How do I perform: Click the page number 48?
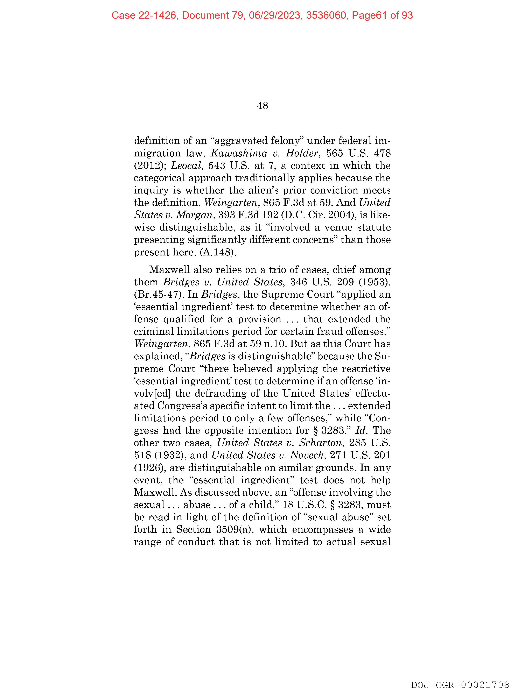(x=262, y=106)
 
